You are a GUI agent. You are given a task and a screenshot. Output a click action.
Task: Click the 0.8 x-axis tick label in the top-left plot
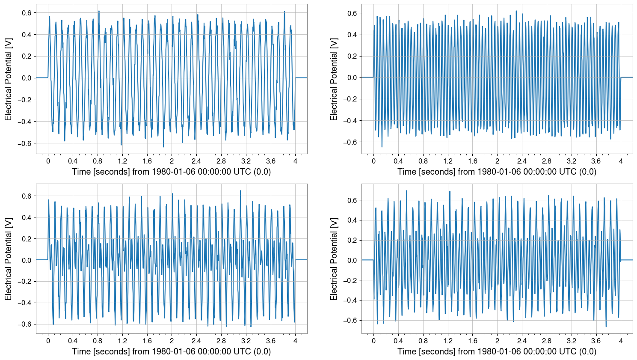[98, 161]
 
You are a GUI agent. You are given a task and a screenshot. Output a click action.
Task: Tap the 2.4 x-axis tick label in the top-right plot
[522, 161]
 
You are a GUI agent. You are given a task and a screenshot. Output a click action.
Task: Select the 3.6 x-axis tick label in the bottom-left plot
[270, 341]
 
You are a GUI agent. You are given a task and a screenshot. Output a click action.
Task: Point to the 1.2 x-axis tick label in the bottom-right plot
[448, 341]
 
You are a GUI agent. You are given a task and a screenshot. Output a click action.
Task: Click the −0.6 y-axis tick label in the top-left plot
[24, 143]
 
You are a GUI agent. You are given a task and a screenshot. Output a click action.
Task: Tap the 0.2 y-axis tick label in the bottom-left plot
[26, 239]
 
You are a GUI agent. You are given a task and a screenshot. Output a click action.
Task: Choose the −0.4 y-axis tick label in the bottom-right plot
[350, 300]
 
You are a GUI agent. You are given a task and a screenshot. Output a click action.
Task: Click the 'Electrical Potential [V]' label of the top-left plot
[9, 79]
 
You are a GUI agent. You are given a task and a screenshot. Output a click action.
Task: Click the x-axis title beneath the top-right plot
[497, 172]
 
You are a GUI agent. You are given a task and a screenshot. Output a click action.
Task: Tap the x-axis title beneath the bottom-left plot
[171, 351]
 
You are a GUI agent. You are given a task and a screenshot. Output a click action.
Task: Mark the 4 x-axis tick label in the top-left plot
[295, 161]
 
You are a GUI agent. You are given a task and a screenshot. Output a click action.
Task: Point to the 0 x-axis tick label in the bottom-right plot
[373, 341]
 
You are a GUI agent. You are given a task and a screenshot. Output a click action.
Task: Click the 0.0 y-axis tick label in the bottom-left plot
[26, 260]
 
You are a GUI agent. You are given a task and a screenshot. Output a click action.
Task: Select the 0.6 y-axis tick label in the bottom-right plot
[352, 200]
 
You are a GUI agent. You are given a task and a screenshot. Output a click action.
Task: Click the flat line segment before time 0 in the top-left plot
[41, 77]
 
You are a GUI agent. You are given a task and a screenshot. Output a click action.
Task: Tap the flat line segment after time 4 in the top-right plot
[626, 77]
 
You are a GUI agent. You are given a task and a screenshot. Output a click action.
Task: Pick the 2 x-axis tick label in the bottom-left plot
[172, 341]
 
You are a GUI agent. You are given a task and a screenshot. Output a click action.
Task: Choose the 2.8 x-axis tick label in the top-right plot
[547, 161]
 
